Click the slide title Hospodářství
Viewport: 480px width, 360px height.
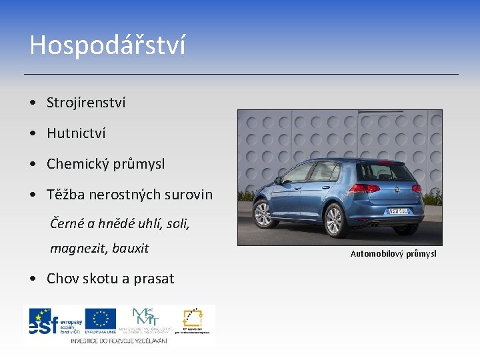[x=107, y=45]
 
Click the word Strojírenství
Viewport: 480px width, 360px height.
[x=86, y=103]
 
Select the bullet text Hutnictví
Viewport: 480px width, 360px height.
[x=76, y=133]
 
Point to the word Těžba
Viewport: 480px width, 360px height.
[x=65, y=195]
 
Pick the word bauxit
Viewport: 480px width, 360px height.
[x=130, y=249]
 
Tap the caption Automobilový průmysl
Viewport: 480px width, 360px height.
[x=393, y=254]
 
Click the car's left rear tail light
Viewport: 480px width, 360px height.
[x=365, y=189]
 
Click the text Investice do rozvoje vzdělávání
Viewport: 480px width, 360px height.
[x=119, y=340]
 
